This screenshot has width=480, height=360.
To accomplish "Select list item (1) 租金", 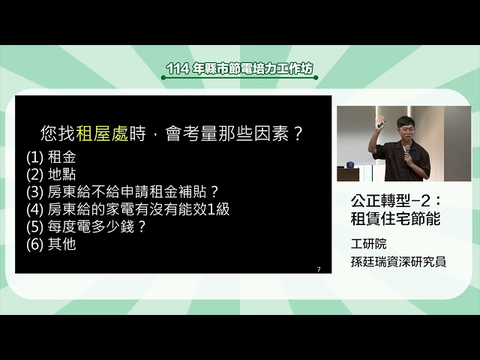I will (51, 157).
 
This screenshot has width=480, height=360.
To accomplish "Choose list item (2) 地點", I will (51, 175).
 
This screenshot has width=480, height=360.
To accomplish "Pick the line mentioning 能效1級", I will (127, 209).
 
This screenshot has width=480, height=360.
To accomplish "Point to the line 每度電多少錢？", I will (85, 226).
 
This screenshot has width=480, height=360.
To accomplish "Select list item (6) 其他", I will (51, 244).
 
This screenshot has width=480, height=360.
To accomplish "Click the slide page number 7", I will (319, 269).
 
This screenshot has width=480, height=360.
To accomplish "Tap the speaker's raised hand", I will (380, 121).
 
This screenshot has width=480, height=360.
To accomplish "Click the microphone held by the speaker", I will (406, 151).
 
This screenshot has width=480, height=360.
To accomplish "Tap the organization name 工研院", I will (368, 244).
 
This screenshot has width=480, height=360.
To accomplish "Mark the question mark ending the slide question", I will (298, 134).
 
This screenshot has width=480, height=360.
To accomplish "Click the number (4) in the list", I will (35, 209).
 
